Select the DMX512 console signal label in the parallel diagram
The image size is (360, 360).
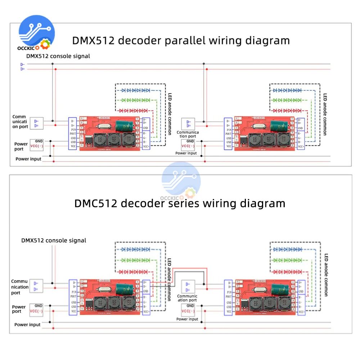pos(58,56)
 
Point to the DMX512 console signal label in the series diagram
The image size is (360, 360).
pos(54,240)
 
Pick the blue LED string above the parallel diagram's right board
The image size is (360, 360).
pos(287,90)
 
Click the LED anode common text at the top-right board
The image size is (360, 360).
pos(325,114)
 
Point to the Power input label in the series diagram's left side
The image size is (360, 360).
pos(27,325)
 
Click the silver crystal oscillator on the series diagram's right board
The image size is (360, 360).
pos(260,288)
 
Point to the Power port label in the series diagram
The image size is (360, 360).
pos(19,309)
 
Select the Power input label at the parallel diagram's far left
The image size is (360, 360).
pos(28,159)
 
